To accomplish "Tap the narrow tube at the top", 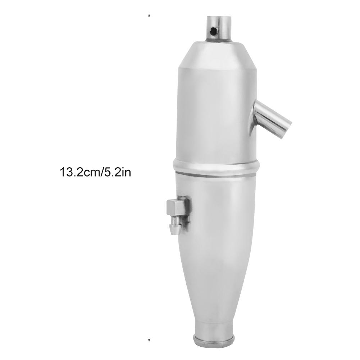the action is (x=219, y=28).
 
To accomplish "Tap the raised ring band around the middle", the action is (x=216, y=166).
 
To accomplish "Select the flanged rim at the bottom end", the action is (x=214, y=342).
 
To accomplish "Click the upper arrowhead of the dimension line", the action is (x=149, y=15).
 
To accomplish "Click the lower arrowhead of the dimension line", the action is (x=149, y=340).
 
